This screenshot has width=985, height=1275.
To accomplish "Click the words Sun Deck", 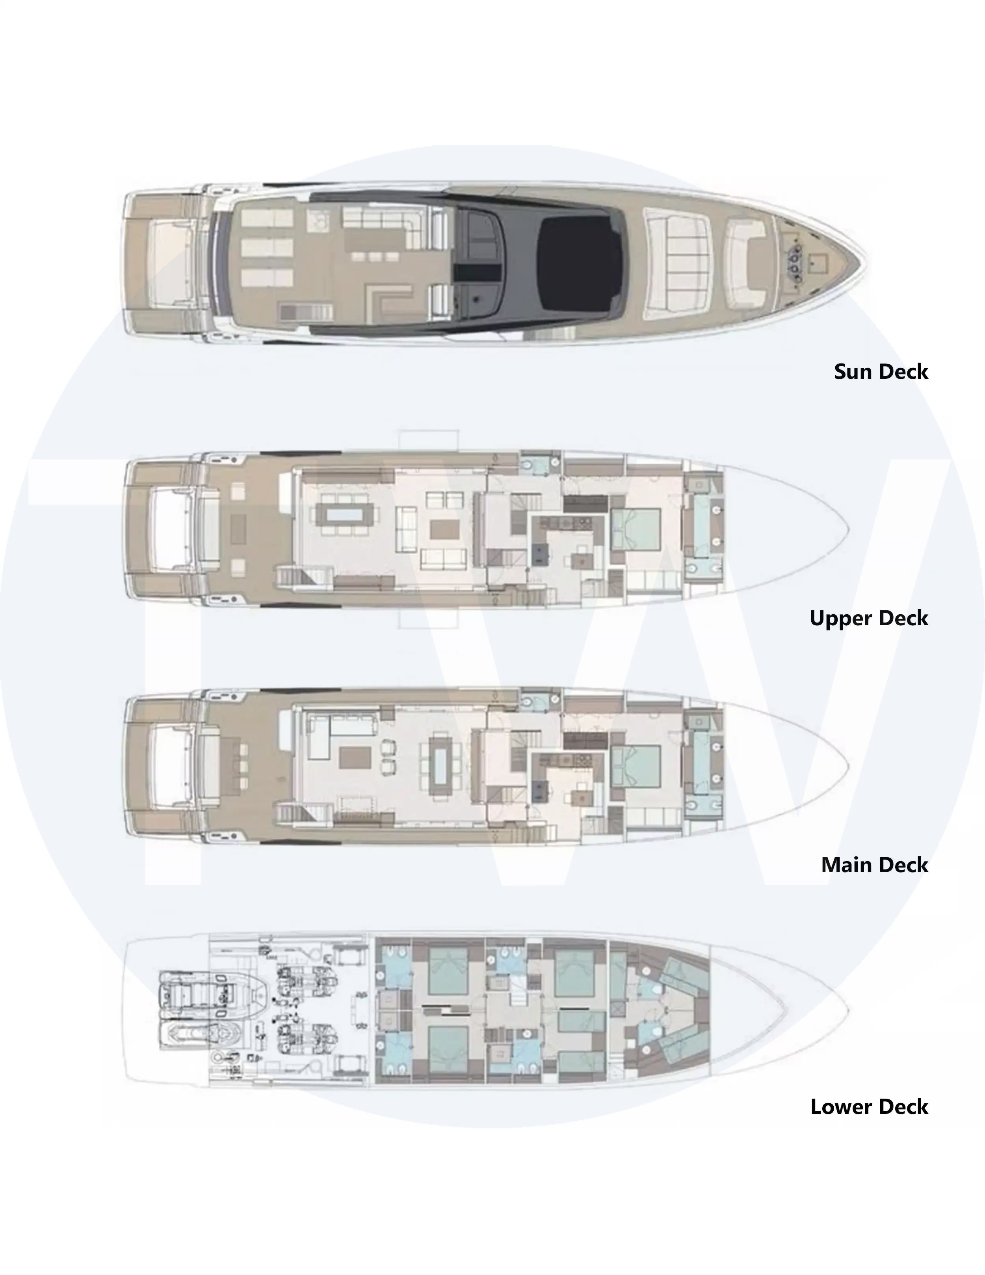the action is point(881,372).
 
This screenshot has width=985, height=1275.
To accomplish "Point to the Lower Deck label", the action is point(869,1107).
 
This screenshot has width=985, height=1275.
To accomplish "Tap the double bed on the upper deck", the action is point(636,530).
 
